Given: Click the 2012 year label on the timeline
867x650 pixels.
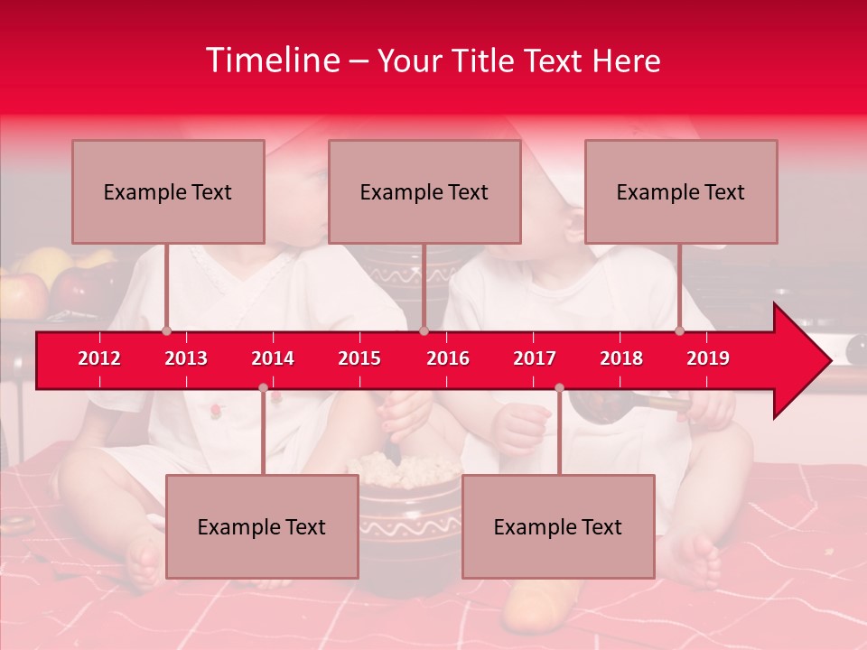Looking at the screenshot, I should click(99, 358).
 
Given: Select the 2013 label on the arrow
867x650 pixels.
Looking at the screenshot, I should click(186, 358).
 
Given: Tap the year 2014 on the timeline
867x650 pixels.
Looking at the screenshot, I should click(273, 358).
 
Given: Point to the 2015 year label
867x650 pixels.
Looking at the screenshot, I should click(359, 358).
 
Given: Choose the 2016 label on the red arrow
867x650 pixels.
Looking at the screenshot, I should click(448, 358).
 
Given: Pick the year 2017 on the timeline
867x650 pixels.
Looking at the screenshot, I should click(535, 358).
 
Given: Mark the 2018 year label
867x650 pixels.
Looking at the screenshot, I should click(621, 358).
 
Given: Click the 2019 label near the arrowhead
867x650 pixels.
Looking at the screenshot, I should click(708, 358).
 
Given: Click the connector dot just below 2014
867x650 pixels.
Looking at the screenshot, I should click(263, 388).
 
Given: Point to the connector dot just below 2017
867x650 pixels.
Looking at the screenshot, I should click(559, 388).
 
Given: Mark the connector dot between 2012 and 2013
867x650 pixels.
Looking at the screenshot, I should click(167, 331).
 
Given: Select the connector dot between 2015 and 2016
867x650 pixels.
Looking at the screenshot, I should click(424, 331).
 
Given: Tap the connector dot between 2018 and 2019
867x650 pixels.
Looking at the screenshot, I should click(680, 331).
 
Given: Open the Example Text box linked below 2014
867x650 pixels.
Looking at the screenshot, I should click(262, 526).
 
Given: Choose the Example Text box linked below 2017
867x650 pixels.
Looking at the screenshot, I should click(558, 526).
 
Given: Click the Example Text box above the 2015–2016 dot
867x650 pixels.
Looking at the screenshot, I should click(424, 191).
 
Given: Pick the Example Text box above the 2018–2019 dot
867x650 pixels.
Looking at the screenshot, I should click(681, 191).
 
